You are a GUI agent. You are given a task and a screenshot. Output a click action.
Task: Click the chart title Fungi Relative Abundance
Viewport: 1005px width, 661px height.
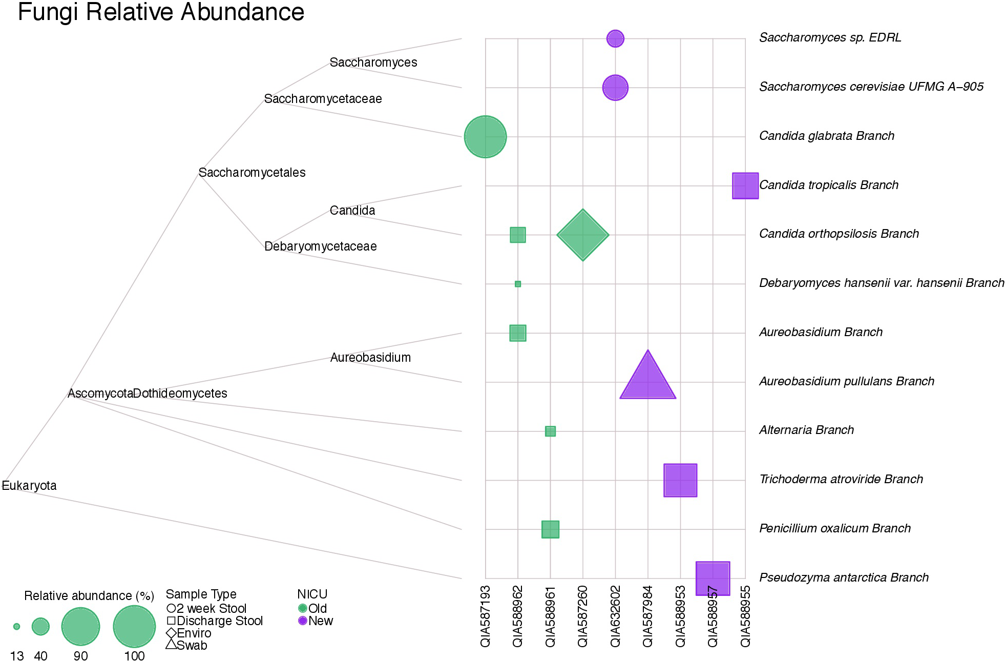pos(161,12)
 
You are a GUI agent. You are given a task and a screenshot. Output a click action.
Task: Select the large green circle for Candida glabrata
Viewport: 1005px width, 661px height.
pos(485,137)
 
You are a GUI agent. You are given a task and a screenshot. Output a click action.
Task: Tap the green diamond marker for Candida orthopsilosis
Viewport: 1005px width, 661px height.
pos(582,235)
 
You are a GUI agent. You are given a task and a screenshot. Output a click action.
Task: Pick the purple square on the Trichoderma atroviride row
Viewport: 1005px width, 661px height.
pos(680,480)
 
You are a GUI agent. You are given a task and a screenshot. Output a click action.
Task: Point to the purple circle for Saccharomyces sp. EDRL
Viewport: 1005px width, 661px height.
pos(615,38)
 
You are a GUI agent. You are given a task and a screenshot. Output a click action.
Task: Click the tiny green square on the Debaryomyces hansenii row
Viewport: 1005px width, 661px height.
pos(518,284)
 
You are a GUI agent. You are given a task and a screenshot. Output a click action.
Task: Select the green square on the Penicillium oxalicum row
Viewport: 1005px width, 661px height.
pos(550,529)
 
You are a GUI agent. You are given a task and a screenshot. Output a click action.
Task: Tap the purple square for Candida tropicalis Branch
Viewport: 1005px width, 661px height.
pos(745,185)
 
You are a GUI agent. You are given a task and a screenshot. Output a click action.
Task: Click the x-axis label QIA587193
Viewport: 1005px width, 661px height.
pos(485,616)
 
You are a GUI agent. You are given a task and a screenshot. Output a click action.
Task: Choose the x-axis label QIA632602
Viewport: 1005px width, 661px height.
pos(615,616)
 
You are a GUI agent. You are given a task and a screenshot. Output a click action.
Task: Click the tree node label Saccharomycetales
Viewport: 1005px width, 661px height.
pos(252,173)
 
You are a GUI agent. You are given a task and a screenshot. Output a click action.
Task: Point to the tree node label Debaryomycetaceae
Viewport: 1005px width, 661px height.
pos(320,246)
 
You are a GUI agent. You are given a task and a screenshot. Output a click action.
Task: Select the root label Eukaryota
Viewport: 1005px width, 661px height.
pos(29,485)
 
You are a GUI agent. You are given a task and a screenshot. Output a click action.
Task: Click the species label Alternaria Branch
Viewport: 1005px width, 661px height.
pos(806,430)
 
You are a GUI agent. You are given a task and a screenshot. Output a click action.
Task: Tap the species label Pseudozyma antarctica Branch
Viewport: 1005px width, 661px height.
pos(844,577)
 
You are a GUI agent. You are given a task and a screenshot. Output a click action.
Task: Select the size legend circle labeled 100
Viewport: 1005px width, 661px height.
pos(134,626)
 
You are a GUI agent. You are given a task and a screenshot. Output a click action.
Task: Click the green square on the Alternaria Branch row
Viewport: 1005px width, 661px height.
pos(550,431)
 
